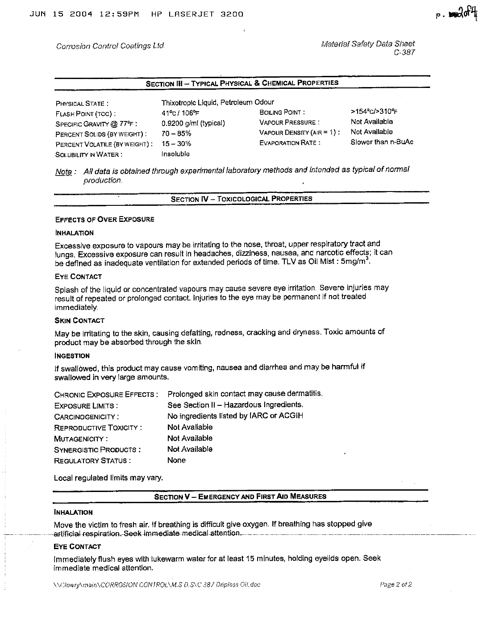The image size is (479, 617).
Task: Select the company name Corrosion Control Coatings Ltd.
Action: click(x=110, y=46)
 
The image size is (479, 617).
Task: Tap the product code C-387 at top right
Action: click(x=404, y=53)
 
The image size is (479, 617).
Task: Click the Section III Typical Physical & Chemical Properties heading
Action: click(x=242, y=83)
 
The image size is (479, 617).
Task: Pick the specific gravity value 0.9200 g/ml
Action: click(x=193, y=123)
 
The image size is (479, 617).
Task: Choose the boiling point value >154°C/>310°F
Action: click(x=374, y=112)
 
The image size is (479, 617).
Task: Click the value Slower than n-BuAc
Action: click(x=382, y=142)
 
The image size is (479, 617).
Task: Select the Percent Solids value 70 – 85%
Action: click(x=176, y=133)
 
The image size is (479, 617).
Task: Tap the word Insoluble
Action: click(x=175, y=154)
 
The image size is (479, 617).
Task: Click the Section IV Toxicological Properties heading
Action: click(x=242, y=199)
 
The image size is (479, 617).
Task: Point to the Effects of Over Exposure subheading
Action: click(x=104, y=219)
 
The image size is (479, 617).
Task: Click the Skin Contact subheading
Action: click(x=79, y=321)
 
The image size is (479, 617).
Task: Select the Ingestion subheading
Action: click(x=72, y=356)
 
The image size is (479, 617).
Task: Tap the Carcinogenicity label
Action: click(x=86, y=417)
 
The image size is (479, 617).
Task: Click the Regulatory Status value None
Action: click(x=176, y=460)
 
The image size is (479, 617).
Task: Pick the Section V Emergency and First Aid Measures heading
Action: click(x=240, y=496)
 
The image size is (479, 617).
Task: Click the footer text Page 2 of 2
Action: click(x=396, y=584)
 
